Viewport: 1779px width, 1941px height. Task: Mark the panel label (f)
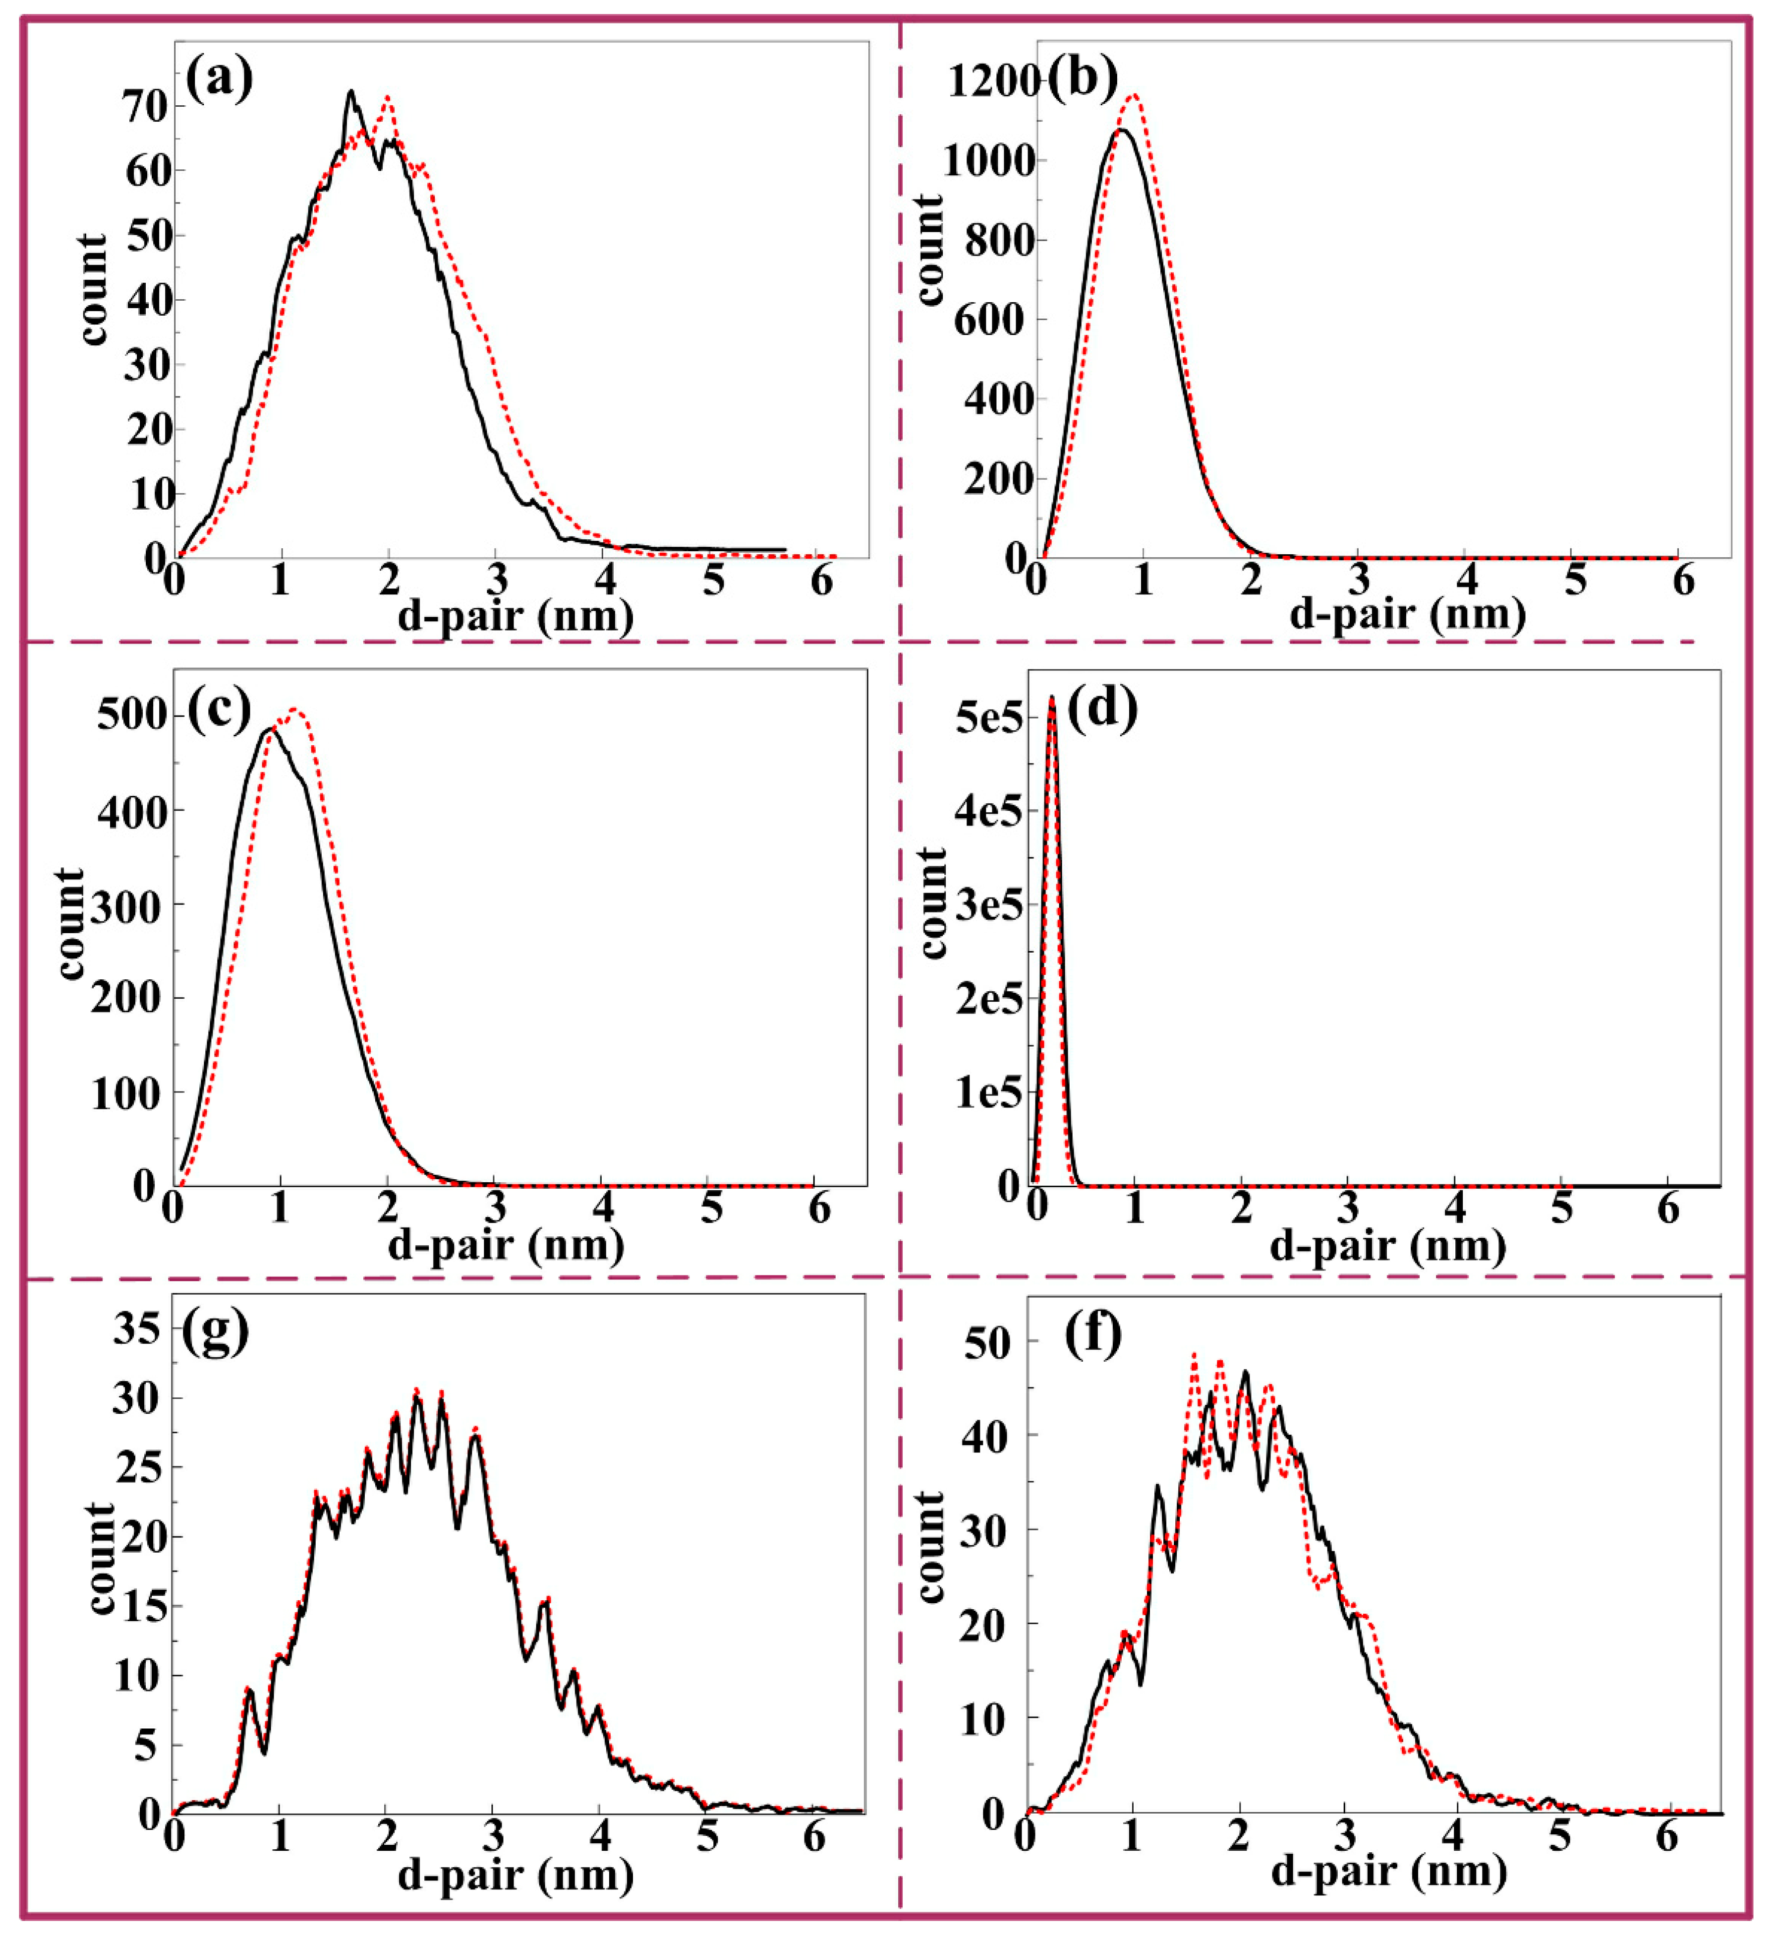click(1093, 1334)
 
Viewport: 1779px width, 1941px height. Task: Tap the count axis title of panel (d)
click(932, 903)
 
